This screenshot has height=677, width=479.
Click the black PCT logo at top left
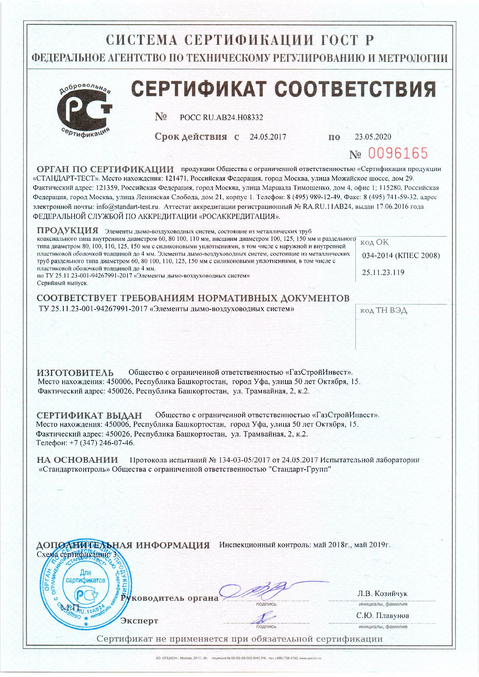[85, 110]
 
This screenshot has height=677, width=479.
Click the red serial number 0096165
[398, 153]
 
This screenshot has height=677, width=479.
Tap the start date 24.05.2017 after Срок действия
[268, 137]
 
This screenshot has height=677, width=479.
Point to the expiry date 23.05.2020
[373, 137]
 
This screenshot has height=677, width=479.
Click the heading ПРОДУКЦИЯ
[68, 231]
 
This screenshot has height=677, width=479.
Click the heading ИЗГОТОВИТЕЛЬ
[75, 373]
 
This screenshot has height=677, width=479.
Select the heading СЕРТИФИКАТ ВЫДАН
[89, 416]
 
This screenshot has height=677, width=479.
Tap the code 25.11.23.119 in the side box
[383, 272]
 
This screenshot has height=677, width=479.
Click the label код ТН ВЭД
[384, 311]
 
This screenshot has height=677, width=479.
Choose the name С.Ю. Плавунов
[383, 615]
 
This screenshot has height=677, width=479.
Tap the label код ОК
[374, 242]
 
